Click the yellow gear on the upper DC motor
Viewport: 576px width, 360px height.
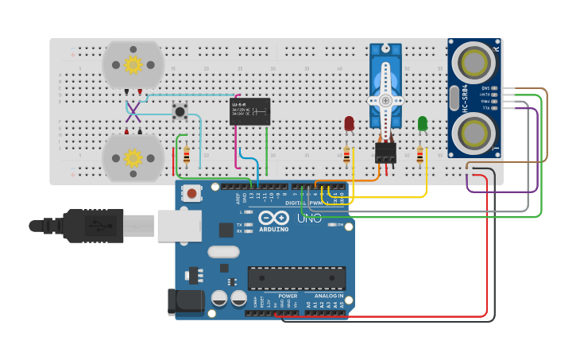[x=133, y=64]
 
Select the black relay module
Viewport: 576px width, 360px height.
[x=249, y=110]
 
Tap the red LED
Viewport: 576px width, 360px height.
[x=350, y=123]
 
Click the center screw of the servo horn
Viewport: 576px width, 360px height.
[x=385, y=101]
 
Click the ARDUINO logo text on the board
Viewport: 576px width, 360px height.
[x=273, y=231]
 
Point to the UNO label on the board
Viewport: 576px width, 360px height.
[x=310, y=218]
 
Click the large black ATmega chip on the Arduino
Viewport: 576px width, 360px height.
[x=296, y=278]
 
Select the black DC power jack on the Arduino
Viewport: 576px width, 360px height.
[x=181, y=303]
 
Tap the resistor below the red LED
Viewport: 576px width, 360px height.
[x=347, y=156]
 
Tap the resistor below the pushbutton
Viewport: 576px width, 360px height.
[x=187, y=155]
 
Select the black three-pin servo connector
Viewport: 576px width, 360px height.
[x=385, y=152]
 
